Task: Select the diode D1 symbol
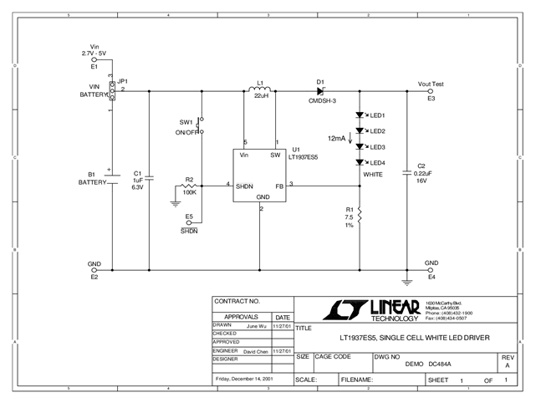319,90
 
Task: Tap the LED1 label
376,115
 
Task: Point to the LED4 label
376,162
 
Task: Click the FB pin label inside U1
279,186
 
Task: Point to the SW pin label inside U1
274,155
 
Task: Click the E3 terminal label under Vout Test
431,99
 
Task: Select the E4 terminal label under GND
431,277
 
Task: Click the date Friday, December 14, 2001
244,379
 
